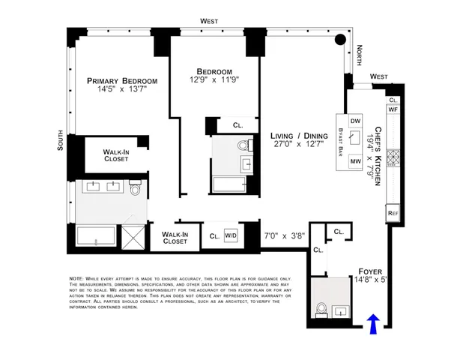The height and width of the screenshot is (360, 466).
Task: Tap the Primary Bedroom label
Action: pyautogui.click(x=122, y=81)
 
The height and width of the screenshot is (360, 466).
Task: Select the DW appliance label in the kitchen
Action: pyautogui.click(x=356, y=121)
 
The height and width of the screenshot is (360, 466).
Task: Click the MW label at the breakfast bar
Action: pyautogui.click(x=356, y=161)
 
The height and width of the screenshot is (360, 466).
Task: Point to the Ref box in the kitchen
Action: pyautogui.click(x=393, y=214)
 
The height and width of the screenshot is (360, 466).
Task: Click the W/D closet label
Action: pyautogui.click(x=232, y=235)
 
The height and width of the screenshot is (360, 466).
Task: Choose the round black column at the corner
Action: pyautogui.click(x=340, y=40)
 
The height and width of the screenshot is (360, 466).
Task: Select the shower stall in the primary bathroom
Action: pyautogui.click(x=134, y=238)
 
